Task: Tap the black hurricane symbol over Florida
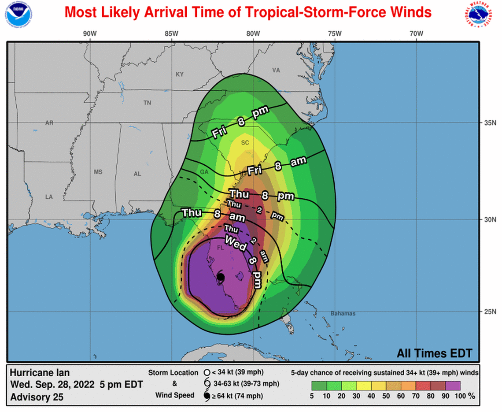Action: click(221, 277)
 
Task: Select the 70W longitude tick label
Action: click(416, 33)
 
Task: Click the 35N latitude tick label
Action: click(487, 122)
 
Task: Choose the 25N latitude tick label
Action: click(487, 312)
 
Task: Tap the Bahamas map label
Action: click(342, 313)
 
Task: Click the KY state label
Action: click(179, 74)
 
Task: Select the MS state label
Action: click(98, 172)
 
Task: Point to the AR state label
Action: click(49, 123)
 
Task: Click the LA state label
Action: click(48, 197)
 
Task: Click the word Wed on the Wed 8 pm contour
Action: click(236, 243)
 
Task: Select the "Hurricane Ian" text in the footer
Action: click(40, 372)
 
